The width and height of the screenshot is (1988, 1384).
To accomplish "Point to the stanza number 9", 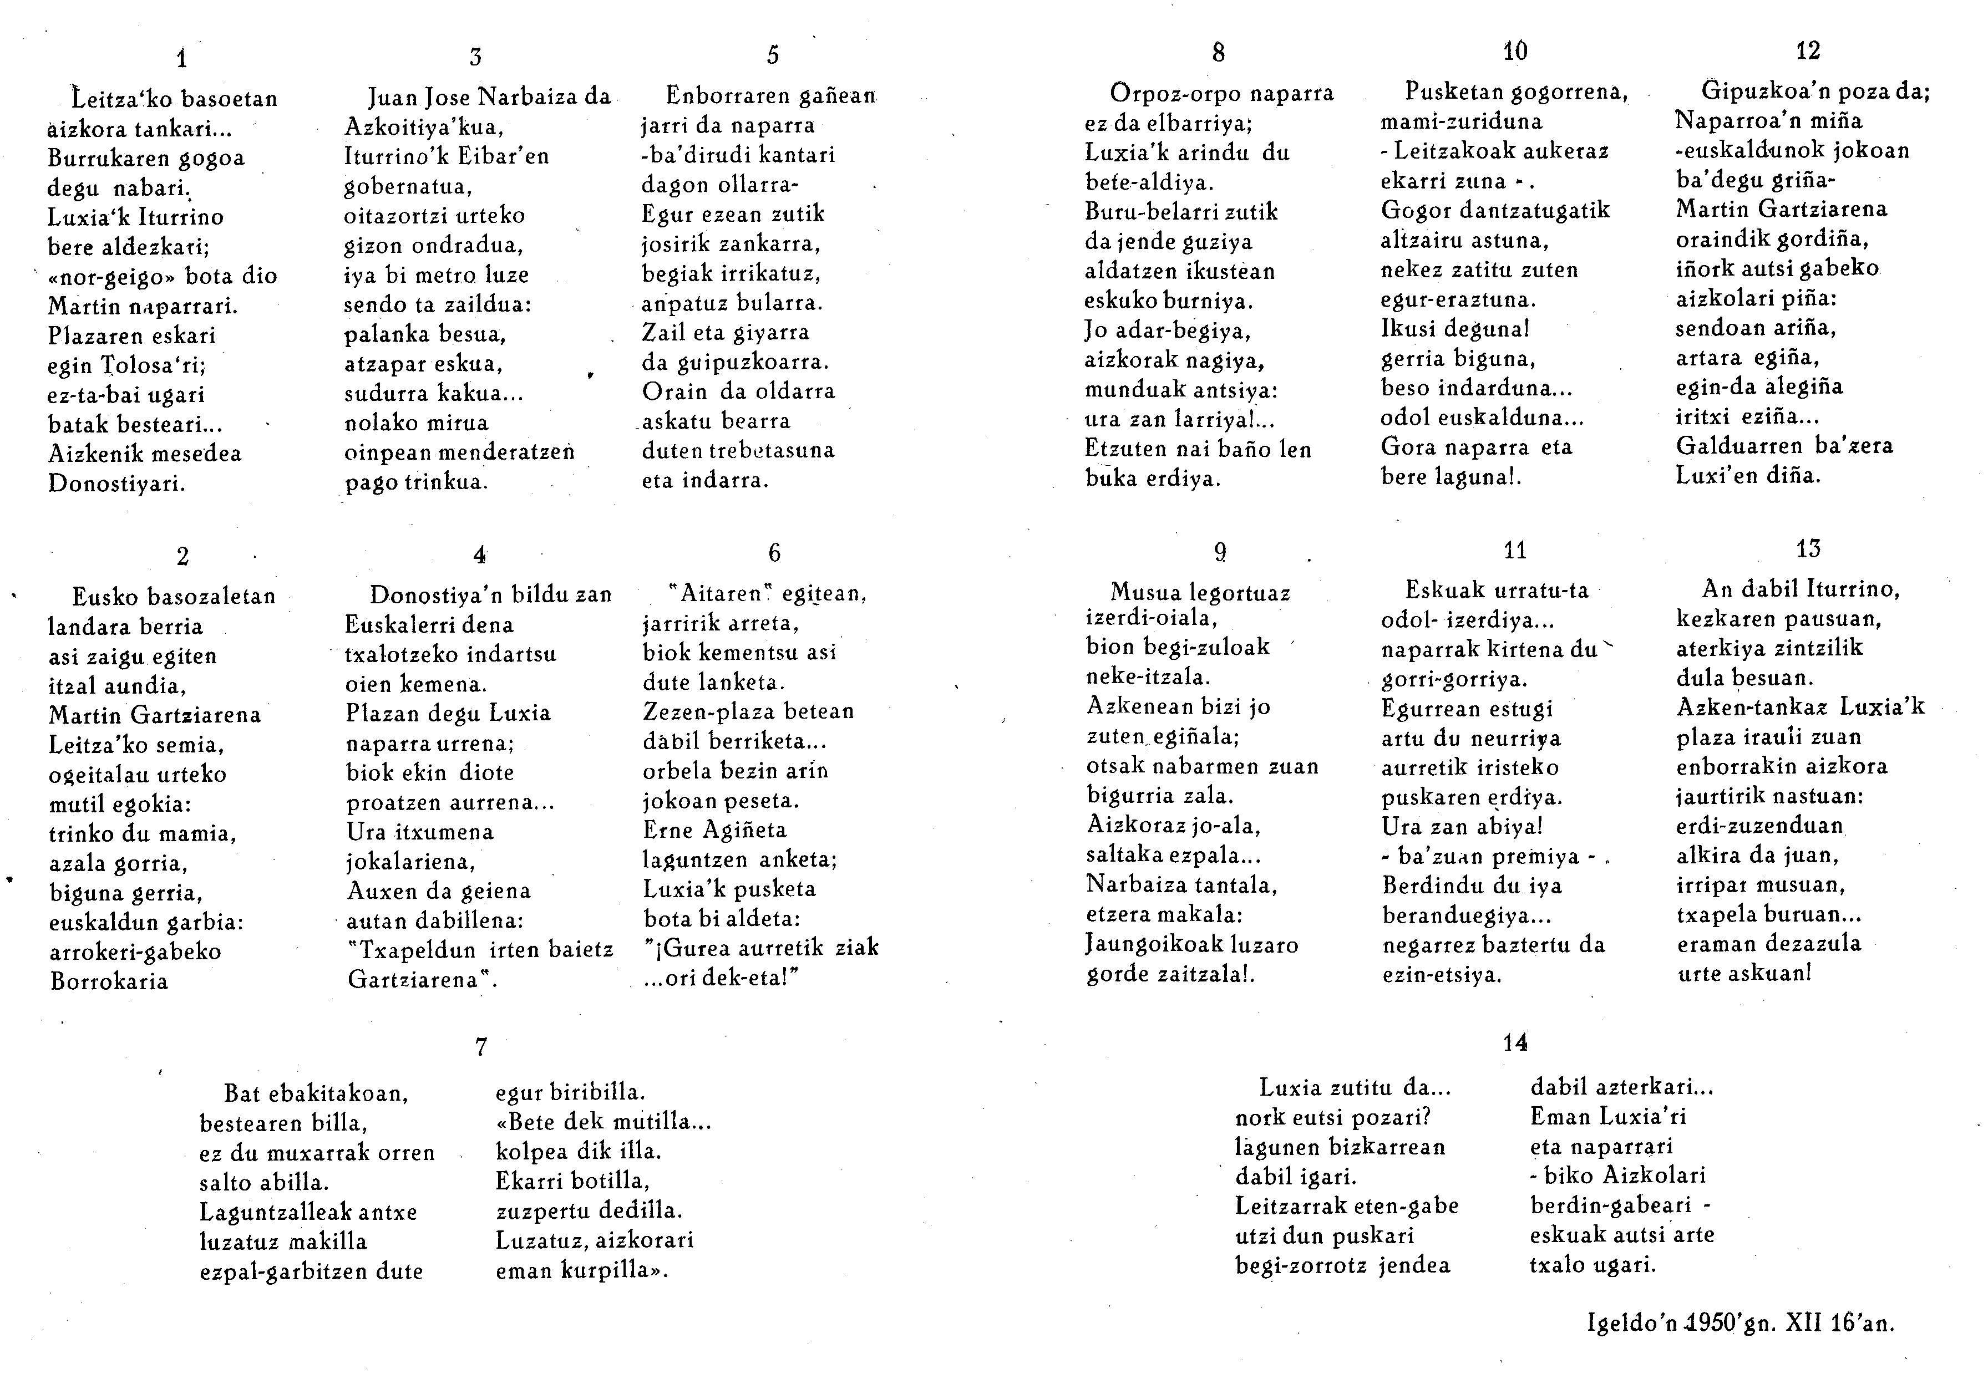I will [x=1220, y=551].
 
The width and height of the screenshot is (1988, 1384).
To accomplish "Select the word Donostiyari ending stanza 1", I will [x=117, y=483].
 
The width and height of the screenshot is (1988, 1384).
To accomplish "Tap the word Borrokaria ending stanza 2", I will [x=109, y=981].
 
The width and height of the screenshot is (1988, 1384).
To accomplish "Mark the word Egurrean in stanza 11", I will [x=1431, y=709].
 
